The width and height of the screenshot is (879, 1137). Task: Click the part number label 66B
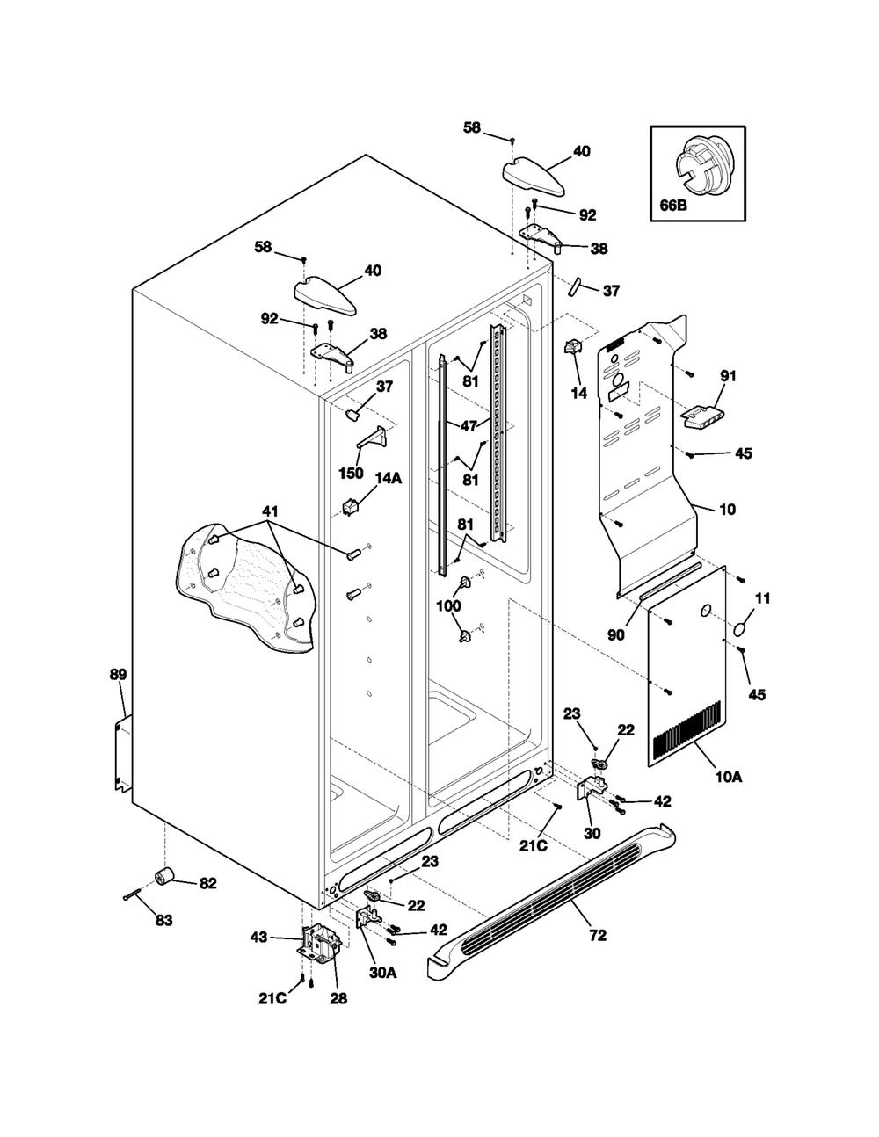pyautogui.click(x=672, y=205)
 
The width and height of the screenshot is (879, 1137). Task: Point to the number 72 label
pyautogui.click(x=598, y=935)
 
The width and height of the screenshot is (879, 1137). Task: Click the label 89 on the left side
pyautogui.click(x=118, y=675)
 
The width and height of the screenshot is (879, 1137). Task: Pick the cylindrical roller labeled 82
pyautogui.click(x=165, y=875)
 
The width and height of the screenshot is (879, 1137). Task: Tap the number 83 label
pyautogui.click(x=164, y=920)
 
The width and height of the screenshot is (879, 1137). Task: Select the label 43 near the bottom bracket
pyautogui.click(x=259, y=937)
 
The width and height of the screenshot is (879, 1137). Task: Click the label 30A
pyautogui.click(x=382, y=972)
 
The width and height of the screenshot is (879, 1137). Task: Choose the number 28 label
pyautogui.click(x=338, y=998)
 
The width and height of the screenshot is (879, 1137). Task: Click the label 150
pyautogui.click(x=351, y=473)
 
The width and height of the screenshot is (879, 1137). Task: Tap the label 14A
pyautogui.click(x=389, y=478)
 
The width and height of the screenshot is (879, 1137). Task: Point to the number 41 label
pyautogui.click(x=270, y=511)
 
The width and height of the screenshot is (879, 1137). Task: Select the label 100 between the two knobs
pyautogui.click(x=448, y=605)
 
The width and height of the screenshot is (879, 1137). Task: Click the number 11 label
pyautogui.click(x=763, y=598)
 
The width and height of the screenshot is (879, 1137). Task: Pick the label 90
pyautogui.click(x=616, y=634)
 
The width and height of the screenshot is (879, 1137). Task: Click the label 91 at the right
pyautogui.click(x=728, y=375)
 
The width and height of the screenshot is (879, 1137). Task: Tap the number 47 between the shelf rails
pyautogui.click(x=469, y=425)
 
